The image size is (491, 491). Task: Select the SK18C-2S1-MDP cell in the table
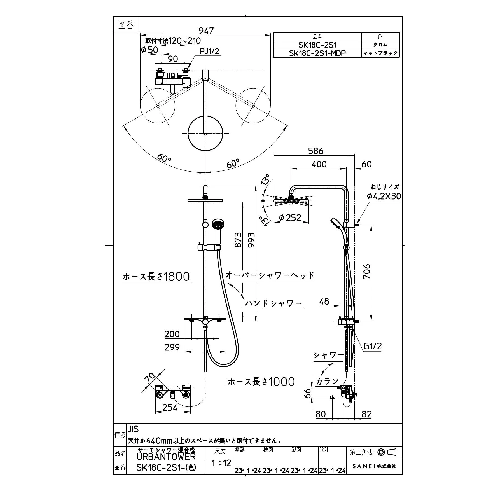(x=317, y=53)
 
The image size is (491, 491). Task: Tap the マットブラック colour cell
(x=380, y=53)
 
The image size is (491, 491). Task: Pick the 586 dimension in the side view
(x=315, y=151)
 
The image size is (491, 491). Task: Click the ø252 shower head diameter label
(x=290, y=218)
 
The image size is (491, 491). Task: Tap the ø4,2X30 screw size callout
(x=384, y=196)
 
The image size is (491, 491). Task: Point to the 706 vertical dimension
(x=366, y=271)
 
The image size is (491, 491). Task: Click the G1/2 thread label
(x=372, y=346)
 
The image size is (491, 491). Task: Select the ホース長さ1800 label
(x=156, y=277)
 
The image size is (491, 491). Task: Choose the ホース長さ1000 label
(x=261, y=382)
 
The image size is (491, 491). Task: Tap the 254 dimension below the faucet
(x=170, y=408)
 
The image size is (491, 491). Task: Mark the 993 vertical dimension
(x=251, y=240)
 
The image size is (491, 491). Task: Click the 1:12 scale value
(x=221, y=463)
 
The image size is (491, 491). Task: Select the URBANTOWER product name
(x=166, y=457)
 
